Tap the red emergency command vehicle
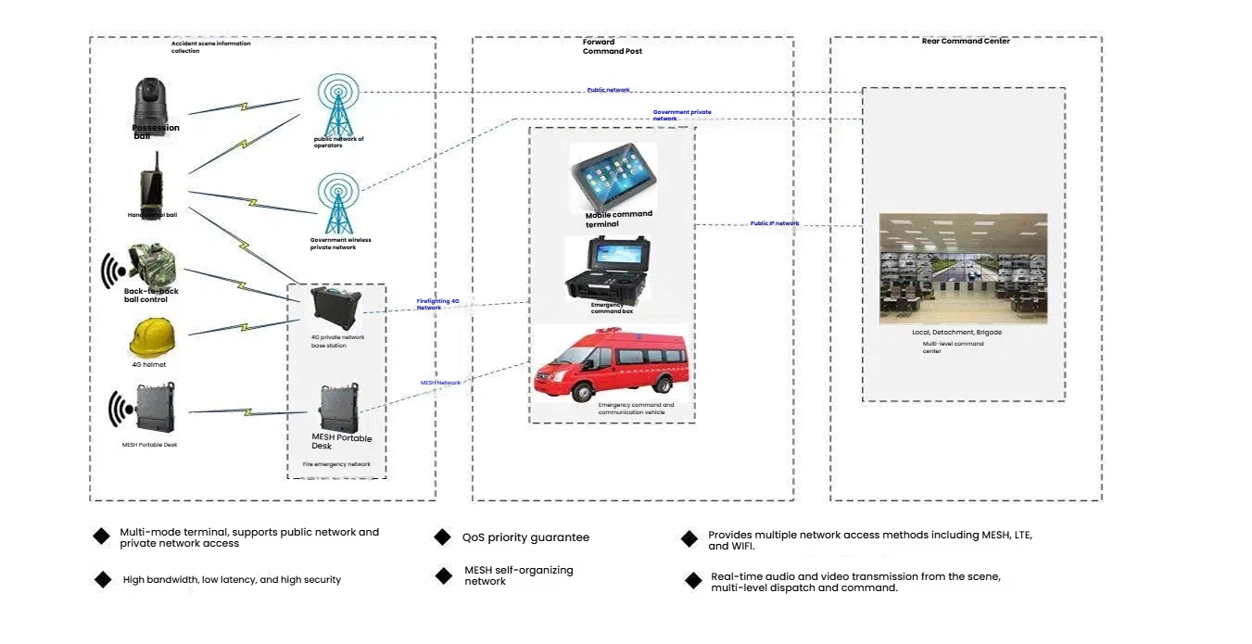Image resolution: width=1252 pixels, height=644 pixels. [612, 364]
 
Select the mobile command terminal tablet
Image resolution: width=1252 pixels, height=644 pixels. [613, 177]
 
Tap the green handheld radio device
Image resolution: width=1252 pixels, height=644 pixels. [151, 188]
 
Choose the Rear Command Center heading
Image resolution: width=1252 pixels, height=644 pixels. [966, 42]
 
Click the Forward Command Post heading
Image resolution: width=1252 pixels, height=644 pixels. [612, 46]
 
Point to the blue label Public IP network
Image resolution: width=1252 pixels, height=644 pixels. [775, 224]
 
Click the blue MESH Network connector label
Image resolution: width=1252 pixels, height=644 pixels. [440, 383]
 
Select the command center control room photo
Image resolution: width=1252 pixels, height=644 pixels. [963, 269]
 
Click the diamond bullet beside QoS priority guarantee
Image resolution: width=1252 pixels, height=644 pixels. [443, 537]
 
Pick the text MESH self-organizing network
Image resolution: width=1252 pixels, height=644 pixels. [519, 575]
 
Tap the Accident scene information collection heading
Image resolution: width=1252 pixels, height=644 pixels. [211, 46]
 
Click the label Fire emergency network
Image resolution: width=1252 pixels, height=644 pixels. [336, 464]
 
